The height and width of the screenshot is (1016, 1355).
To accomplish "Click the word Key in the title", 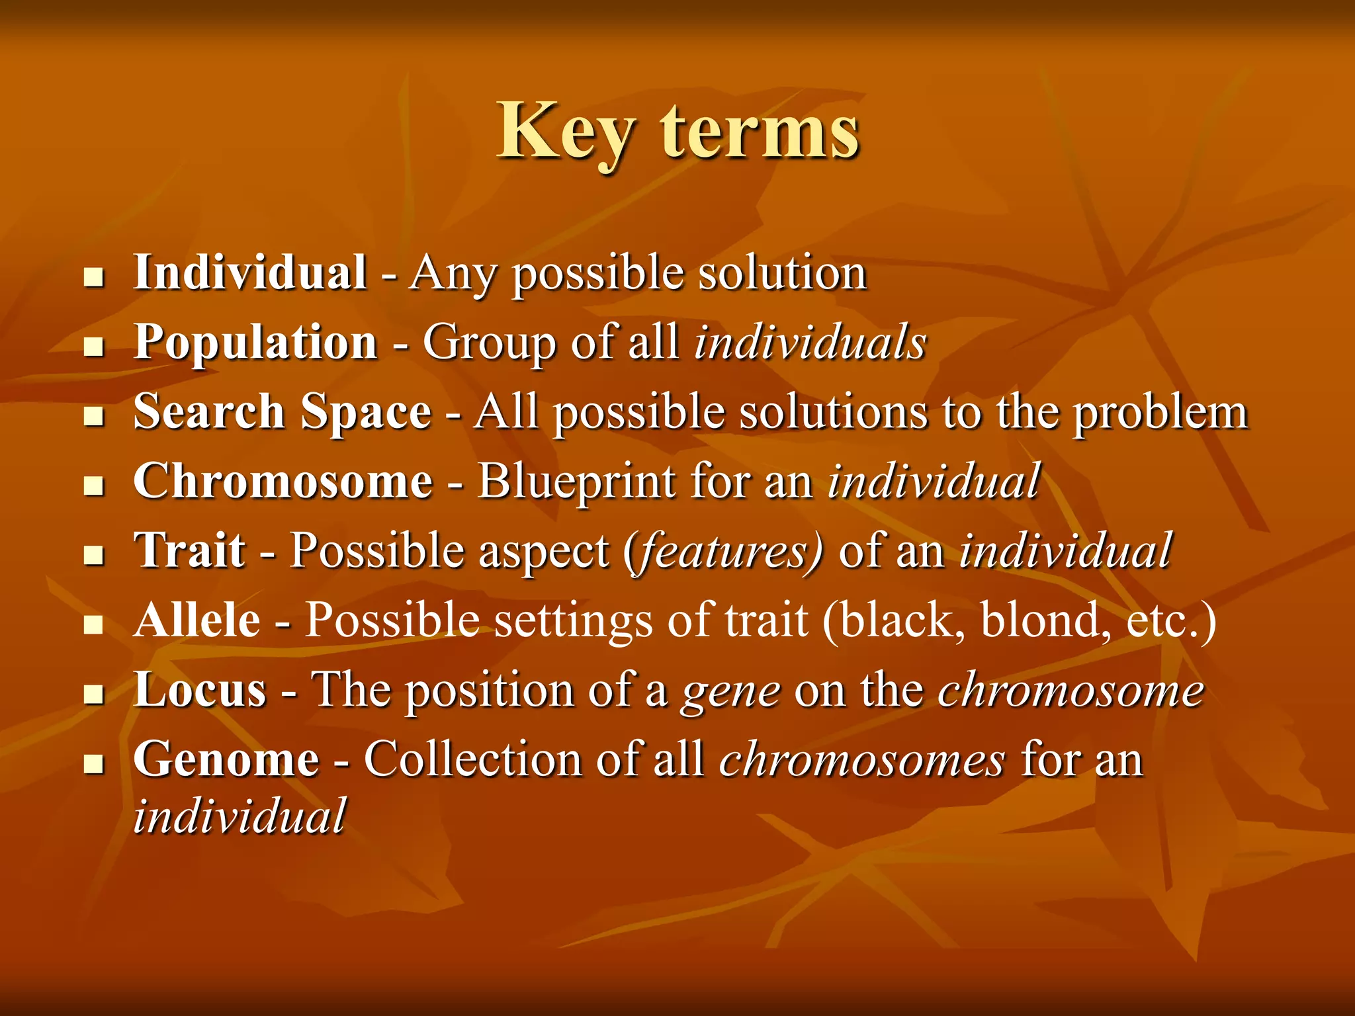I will point(566,132).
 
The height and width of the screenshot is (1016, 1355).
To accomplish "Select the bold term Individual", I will point(250,273).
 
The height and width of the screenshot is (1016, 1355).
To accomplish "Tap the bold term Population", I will point(255,343).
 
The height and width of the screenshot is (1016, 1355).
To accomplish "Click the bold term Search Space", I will point(283,412).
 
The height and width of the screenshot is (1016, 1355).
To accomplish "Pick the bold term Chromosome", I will point(283,481).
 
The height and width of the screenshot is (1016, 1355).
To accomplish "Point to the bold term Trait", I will point(189,550).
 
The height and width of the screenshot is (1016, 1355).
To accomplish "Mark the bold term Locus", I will point(200,690).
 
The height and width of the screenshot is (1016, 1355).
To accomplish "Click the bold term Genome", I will point(226,759).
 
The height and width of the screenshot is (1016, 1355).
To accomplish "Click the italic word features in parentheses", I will point(726,552).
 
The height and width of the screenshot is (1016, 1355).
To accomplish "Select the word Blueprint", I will point(576,481).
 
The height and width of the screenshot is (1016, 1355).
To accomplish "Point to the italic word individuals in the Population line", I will point(810,343).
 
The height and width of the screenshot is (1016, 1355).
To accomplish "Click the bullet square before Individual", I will point(95,277).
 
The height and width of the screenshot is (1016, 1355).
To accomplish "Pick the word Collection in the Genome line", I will point(472,759).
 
